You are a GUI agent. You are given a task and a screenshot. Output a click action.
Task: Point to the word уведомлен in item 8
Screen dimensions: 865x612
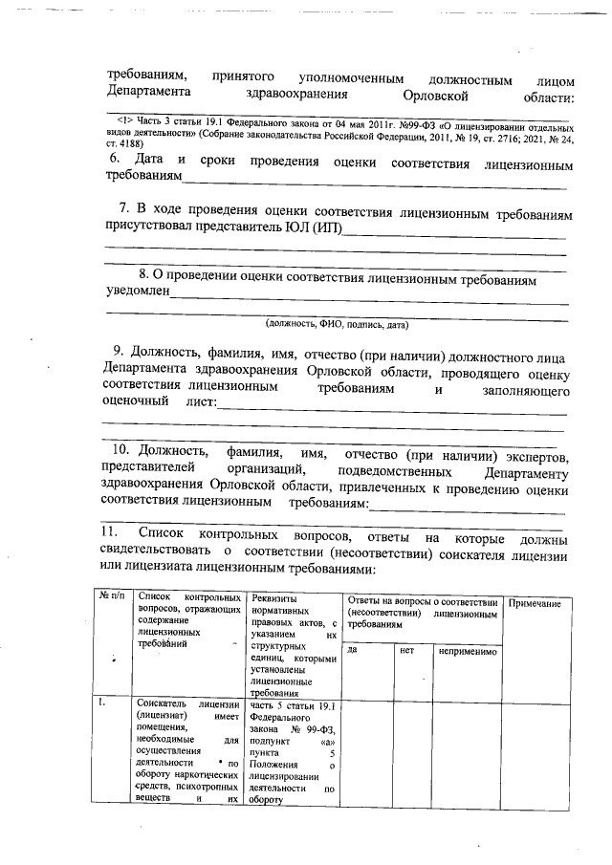pos(138,291)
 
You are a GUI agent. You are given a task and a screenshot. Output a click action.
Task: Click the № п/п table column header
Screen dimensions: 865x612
pos(113,595)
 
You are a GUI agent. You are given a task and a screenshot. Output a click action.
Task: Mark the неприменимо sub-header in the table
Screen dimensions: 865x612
pos(468,650)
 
